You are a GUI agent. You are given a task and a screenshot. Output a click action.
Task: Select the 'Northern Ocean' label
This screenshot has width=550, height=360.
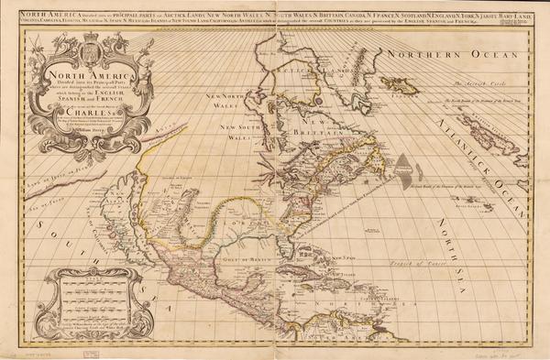[x=429, y=56]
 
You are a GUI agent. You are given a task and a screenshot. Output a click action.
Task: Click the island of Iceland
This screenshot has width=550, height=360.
[x=400, y=84]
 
